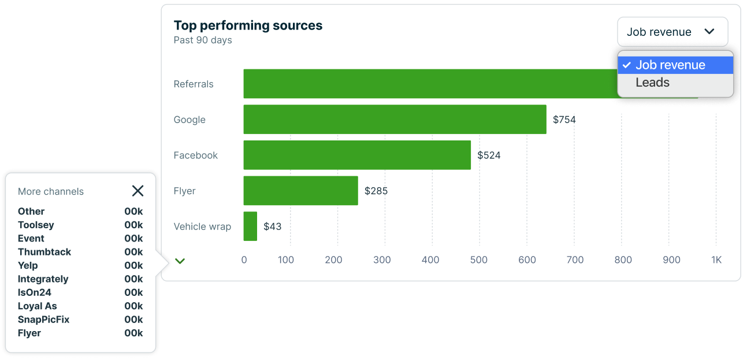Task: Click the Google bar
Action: (395, 120)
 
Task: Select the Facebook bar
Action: (357, 155)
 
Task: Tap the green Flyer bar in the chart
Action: (300, 191)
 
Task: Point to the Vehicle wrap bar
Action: (250, 226)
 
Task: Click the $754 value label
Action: (564, 120)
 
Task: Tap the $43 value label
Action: (273, 227)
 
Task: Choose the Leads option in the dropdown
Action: (652, 83)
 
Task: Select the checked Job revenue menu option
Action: (670, 65)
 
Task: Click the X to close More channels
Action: (137, 191)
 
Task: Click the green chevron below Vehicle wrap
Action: (180, 261)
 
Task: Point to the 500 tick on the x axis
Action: (479, 260)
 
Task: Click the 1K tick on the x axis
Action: (716, 260)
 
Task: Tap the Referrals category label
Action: (194, 84)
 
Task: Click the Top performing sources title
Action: (248, 25)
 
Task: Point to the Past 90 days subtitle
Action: (203, 40)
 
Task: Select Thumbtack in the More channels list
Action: (44, 252)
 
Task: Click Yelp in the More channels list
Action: (28, 265)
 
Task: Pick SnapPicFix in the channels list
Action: (43, 320)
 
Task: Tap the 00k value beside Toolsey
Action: (133, 225)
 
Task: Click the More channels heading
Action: (51, 192)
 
